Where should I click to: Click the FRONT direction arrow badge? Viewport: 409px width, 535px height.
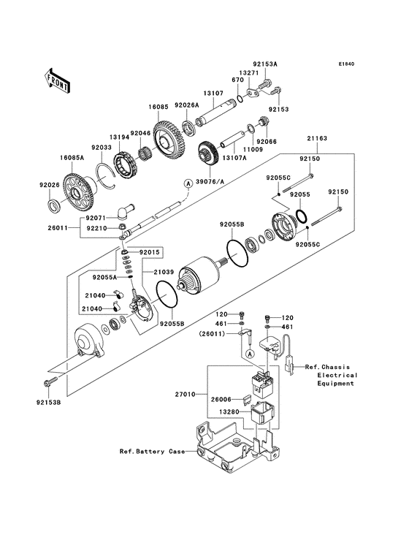(x=58, y=78)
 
